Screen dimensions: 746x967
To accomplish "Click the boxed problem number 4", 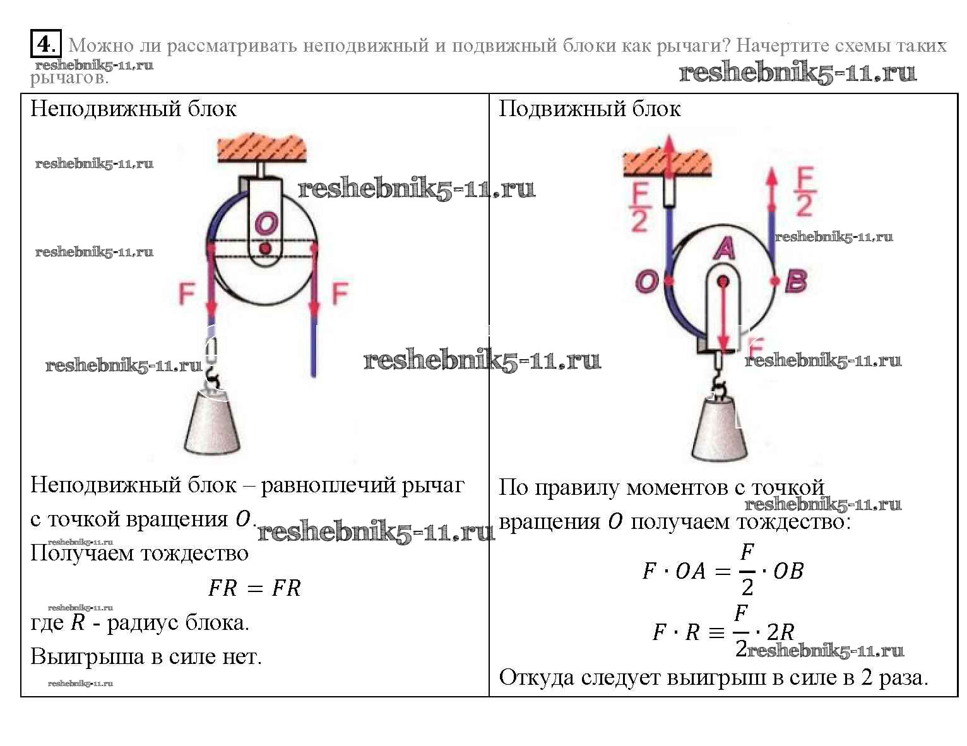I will tap(45, 44).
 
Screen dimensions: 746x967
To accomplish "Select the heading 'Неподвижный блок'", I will tap(133, 109).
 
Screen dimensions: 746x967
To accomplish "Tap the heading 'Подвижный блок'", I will tap(590, 109).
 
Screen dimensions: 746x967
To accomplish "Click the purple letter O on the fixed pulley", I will tap(266, 223).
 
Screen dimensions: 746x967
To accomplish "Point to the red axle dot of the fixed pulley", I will tap(266, 249).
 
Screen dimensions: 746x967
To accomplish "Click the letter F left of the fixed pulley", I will tap(187, 293).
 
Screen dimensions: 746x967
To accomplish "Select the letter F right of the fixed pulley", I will tap(340, 293).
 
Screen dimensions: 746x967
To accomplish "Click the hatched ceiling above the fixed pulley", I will tap(262, 147).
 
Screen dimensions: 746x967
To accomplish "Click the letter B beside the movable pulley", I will tap(796, 281).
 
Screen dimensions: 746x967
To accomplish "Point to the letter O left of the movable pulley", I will tap(646, 281).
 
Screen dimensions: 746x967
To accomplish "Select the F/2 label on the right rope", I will tap(804, 192).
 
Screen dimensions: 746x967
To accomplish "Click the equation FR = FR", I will tap(255, 588).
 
